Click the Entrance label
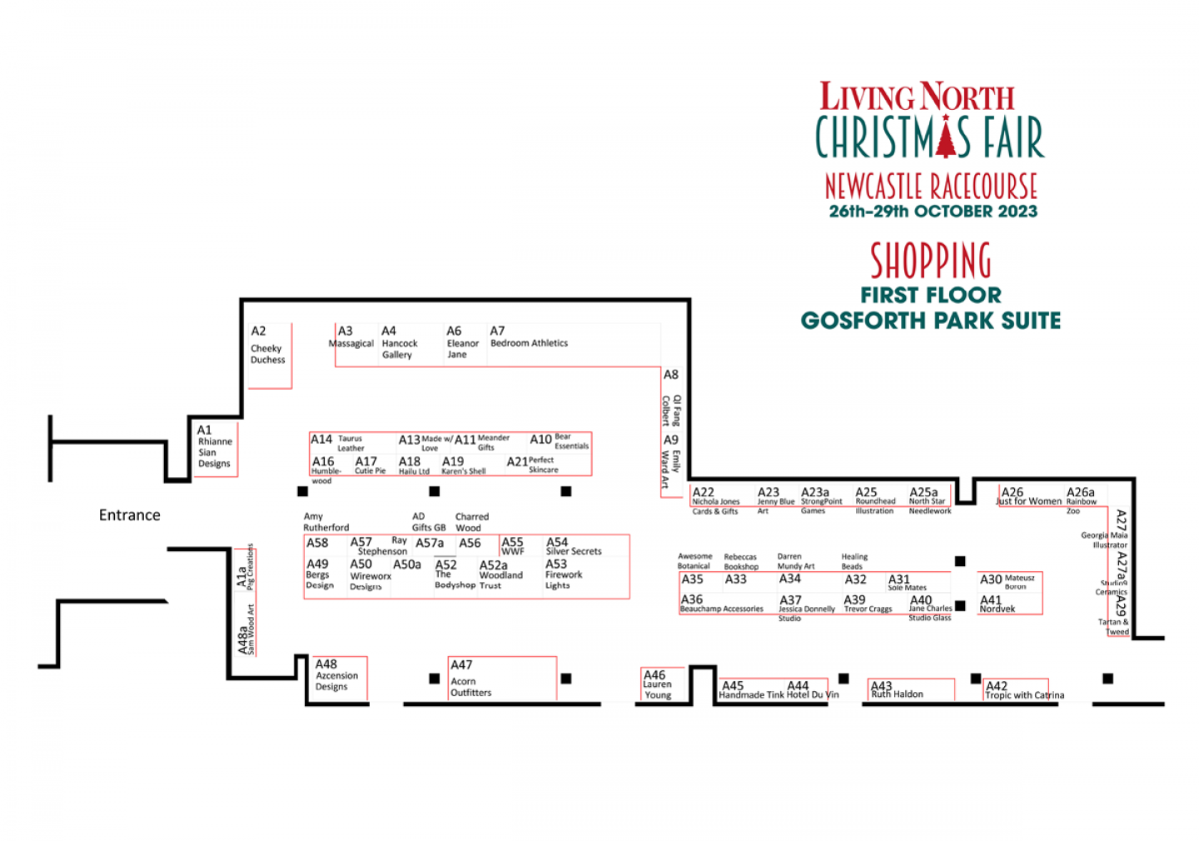pos(129,515)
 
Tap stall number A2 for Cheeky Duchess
pos(259,331)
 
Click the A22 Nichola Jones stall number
pos(704,493)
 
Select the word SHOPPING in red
pos(931,261)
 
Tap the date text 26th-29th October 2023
pos(933,211)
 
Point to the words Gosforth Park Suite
pos(930,321)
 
